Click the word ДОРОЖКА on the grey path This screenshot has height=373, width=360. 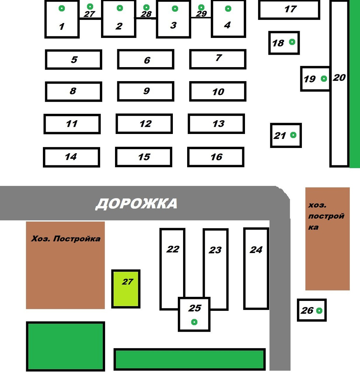click(x=136, y=204)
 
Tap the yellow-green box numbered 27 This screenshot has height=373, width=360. click(x=126, y=289)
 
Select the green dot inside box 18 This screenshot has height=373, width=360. click(x=292, y=42)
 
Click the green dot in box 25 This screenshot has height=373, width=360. click(x=194, y=322)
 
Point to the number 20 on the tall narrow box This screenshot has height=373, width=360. click(x=339, y=78)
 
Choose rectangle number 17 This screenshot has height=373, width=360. click(x=289, y=10)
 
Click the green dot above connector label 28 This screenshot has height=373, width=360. click(x=146, y=7)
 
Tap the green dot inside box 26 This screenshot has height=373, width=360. click(x=319, y=310)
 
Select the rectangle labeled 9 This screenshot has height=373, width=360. click(x=145, y=91)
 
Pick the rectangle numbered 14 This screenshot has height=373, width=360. click(x=72, y=157)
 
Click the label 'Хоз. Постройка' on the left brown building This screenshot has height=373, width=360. click(x=66, y=239)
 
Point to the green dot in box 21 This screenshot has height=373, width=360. click(x=293, y=135)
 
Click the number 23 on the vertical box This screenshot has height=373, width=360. click(x=215, y=250)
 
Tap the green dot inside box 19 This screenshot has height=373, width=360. click(x=324, y=79)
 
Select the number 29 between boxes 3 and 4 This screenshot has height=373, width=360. click(x=201, y=14)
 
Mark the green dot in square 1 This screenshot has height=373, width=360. click(x=62, y=8)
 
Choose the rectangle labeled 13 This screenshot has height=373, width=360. click(x=216, y=124)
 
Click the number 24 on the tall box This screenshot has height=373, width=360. click(x=256, y=250)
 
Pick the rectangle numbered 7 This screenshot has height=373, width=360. click(x=218, y=59)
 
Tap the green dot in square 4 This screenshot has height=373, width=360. click(x=228, y=9)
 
